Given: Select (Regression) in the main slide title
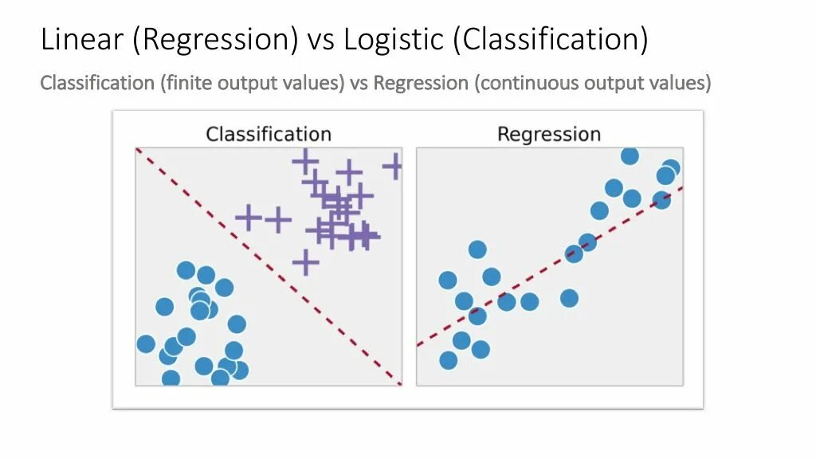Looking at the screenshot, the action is (215, 39).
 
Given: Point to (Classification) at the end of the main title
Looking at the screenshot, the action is (551, 39).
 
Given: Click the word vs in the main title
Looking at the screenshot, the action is (320, 39).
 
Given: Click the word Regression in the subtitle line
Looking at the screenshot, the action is (421, 83).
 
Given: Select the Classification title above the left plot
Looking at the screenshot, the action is (269, 134).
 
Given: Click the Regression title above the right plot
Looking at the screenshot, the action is (549, 134).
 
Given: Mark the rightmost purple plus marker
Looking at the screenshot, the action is (393, 167).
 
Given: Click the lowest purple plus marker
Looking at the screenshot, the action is (304, 261).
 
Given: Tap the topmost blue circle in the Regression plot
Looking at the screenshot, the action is (630, 155).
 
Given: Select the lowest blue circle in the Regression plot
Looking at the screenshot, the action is (449, 360).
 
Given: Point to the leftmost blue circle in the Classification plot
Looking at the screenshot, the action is (146, 343).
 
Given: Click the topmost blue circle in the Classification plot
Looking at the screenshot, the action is (186, 270).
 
